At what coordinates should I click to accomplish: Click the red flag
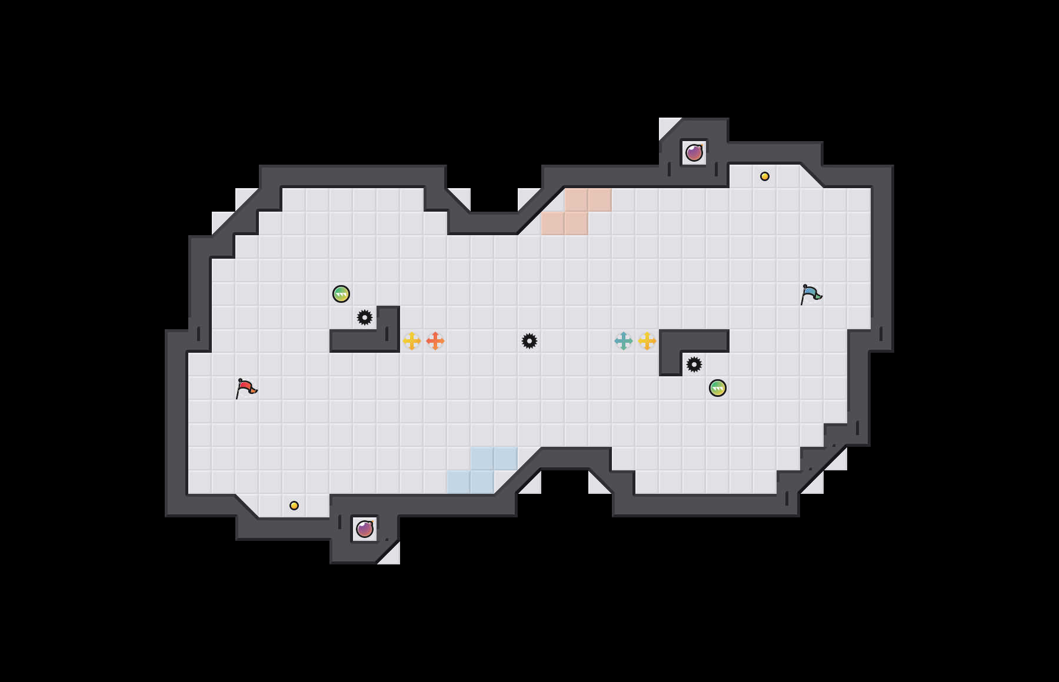coord(246,388)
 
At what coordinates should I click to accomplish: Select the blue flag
coord(811,293)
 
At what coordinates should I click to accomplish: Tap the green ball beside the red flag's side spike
coord(341,294)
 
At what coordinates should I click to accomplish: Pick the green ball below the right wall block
coord(718,388)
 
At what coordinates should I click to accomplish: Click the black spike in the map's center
coord(529,341)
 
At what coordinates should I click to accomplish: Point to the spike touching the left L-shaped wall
coord(365,317)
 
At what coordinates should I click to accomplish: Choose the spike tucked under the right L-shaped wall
coord(694,365)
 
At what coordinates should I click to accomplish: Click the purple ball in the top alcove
coord(694,153)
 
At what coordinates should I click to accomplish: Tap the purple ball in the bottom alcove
coord(365,529)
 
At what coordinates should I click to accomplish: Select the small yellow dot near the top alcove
coord(765,176)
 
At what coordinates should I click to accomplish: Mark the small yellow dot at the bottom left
coord(294,506)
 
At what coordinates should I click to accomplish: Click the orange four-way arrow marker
coord(435,341)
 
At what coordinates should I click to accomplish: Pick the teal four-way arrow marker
coord(624,341)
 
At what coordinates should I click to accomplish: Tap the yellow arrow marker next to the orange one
coord(412,341)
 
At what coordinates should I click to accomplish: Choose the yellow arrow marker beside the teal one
coord(647,341)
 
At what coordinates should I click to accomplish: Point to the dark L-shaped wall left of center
coord(365,341)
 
